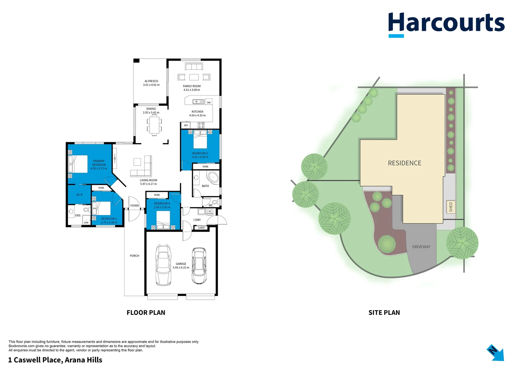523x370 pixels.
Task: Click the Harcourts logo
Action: tap(446, 24)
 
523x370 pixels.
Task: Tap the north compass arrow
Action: tap(495, 352)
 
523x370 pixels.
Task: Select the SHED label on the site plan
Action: tap(451, 207)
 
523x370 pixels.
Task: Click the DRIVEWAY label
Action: tap(421, 247)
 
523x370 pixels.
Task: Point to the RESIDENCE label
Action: tap(404, 163)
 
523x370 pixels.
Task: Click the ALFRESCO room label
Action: tap(151, 81)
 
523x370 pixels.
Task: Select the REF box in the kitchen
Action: tap(186, 125)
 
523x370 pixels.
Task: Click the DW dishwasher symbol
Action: tap(209, 102)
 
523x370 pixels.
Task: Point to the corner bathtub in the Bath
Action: tap(213, 177)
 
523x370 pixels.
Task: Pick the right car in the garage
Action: tap(199, 266)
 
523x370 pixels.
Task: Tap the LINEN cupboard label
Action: tap(201, 228)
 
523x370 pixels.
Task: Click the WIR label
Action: tap(79, 195)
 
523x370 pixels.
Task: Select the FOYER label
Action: tap(135, 206)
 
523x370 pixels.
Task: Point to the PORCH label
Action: tap(134, 256)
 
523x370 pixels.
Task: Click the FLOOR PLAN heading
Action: tap(146, 312)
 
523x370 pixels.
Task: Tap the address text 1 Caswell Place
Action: tap(55, 360)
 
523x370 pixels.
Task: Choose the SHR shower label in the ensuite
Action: tap(86, 223)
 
